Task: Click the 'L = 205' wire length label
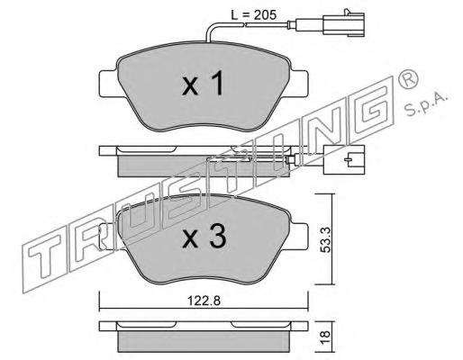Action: click(253, 14)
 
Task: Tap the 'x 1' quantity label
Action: click(203, 83)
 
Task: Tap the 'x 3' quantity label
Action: click(204, 237)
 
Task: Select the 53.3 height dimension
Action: click(325, 239)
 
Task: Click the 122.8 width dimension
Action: click(204, 301)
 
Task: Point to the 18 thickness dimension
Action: click(325, 337)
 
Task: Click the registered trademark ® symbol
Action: click(407, 78)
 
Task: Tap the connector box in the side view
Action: click(344, 159)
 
